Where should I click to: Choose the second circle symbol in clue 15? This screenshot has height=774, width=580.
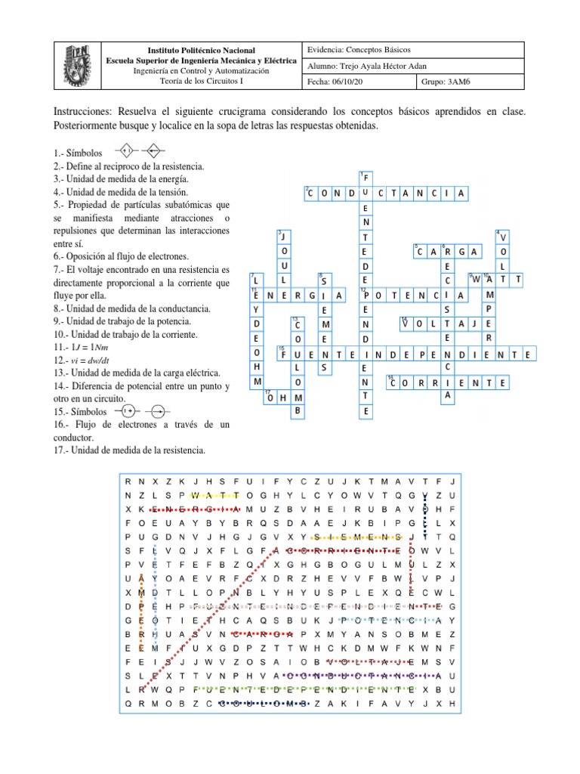coord(157,411)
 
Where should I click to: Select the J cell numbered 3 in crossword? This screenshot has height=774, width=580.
coord(284,237)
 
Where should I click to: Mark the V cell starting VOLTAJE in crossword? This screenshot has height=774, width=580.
coord(408,324)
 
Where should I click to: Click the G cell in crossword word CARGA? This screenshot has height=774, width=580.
coord(461,252)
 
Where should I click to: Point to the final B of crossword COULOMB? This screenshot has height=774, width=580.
coord(298,411)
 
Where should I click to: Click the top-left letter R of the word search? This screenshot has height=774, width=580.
coord(128,481)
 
